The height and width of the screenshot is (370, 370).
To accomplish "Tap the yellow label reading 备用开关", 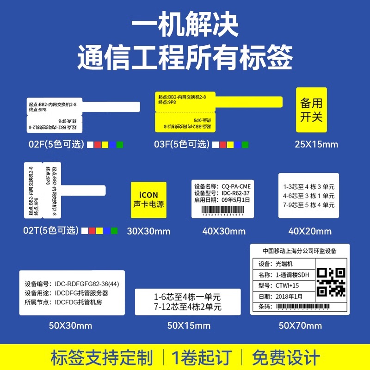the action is tap(311, 110).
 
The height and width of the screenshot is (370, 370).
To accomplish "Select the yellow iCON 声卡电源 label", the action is tap(148, 199).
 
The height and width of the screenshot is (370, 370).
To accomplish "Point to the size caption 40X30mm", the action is tap(224, 231).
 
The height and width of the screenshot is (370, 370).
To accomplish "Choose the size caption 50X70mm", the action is tap(300, 326).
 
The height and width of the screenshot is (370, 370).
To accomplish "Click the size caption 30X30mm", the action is tap(148, 231).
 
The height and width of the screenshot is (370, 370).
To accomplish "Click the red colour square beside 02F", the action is tap(98, 145).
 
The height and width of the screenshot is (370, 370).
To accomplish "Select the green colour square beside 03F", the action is tap(245, 145).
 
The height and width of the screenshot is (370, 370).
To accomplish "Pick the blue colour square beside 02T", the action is tap(107, 230).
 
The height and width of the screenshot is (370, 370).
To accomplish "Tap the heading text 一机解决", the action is tap(185, 27).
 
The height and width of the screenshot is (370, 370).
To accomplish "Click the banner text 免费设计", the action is tap(286, 357).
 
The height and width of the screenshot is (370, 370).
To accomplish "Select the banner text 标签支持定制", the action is tap(102, 357).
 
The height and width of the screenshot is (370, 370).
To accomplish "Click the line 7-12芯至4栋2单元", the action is tap(188, 307).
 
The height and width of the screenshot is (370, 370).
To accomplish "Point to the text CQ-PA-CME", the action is tap(236, 186).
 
